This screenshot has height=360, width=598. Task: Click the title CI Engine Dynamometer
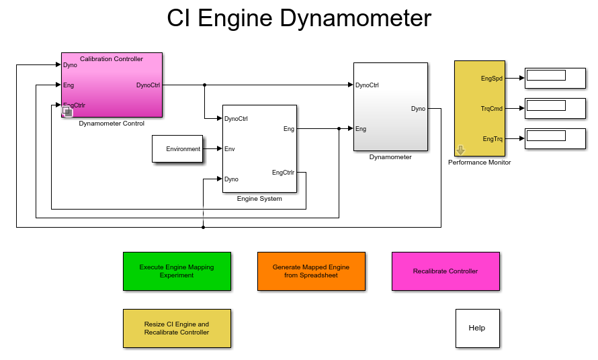click(299, 18)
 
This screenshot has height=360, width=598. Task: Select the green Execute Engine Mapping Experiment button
click(177, 271)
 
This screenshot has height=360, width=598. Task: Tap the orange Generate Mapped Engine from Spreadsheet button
click(311, 271)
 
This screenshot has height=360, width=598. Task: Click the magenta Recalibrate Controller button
click(445, 271)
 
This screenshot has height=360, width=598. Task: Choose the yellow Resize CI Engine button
click(177, 328)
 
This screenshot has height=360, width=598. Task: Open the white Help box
click(477, 328)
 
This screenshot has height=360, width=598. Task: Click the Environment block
click(177, 149)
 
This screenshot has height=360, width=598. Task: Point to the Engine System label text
click(259, 199)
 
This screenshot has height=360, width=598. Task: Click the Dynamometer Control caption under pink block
click(112, 124)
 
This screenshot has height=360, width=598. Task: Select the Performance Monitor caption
click(479, 163)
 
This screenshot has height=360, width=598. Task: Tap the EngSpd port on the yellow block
click(492, 79)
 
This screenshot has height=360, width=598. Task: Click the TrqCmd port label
click(492, 109)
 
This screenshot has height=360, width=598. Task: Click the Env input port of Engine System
click(229, 149)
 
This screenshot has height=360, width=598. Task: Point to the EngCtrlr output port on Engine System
click(283, 173)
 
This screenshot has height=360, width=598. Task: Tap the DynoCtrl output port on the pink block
click(148, 85)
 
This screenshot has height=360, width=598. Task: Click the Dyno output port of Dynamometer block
click(418, 109)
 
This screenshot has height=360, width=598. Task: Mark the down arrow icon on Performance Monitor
click(460, 150)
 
